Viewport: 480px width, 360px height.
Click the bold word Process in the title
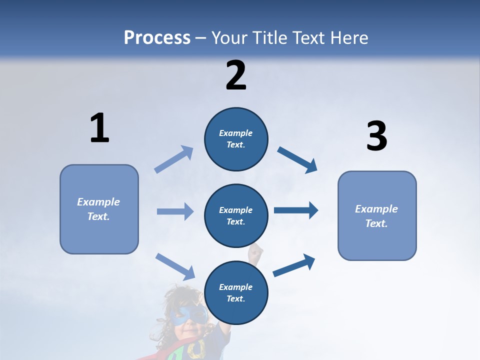click(157, 38)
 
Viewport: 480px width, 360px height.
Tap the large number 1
click(99, 128)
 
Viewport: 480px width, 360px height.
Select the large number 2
click(236, 75)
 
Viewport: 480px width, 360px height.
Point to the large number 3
click(376, 136)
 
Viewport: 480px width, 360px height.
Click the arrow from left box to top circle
click(174, 159)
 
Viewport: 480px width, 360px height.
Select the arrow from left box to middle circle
click(175, 211)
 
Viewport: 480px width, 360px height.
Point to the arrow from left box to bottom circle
click(175, 266)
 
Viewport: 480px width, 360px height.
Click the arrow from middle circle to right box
click(296, 210)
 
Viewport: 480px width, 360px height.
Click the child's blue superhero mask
click(188, 315)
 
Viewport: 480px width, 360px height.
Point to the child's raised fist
click(256, 250)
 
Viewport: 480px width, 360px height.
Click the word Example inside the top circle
click(236, 133)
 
